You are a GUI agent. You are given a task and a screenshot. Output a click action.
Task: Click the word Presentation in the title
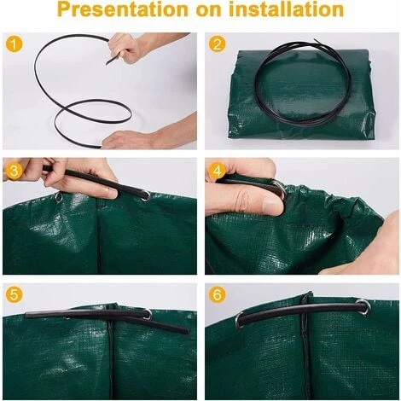pyautogui.click(x=123, y=9)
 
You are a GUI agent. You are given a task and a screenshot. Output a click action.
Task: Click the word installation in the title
pyautogui.click(x=287, y=9)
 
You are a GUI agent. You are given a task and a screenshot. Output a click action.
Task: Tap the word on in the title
pyautogui.click(x=208, y=10)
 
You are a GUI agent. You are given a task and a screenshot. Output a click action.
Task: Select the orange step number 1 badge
pyautogui.click(x=14, y=44)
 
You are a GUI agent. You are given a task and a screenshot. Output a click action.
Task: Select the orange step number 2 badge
pyautogui.click(x=217, y=44)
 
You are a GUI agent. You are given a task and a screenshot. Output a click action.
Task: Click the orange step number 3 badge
pyautogui.click(x=14, y=171)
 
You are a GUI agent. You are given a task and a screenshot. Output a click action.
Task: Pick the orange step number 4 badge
pyautogui.click(x=217, y=171)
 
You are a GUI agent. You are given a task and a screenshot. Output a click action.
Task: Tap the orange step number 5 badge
pyautogui.click(x=14, y=295)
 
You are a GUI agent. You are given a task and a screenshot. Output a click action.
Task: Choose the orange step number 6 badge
pyautogui.click(x=217, y=295)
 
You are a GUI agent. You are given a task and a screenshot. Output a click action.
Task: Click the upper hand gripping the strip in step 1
pyautogui.click(x=134, y=47)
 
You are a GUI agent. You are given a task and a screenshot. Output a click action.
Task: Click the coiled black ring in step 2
pyautogui.click(x=302, y=84)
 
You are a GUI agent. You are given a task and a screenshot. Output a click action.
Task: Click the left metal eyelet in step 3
pyautogui.click(x=59, y=197)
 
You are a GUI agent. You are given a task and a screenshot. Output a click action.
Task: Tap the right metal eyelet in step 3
pyautogui.click(x=146, y=196)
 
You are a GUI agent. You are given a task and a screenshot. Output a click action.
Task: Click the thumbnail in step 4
pyautogui.click(x=272, y=204)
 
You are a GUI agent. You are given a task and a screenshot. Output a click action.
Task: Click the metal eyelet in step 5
pyautogui.click(x=148, y=315)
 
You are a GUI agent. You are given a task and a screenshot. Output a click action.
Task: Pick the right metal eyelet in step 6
pyautogui.click(x=363, y=306)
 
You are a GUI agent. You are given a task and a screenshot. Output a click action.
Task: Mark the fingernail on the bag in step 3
pyautogui.click(x=111, y=194)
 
